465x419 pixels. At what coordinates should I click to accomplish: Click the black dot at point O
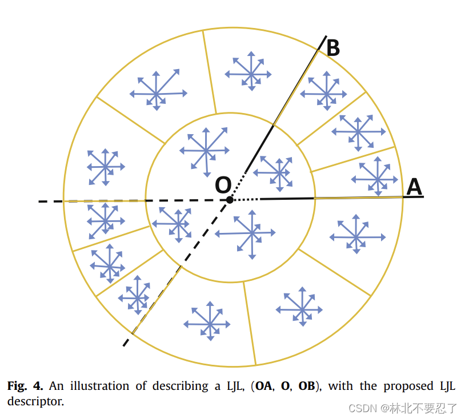[x=230, y=199]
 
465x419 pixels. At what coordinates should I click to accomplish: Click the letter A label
[x=414, y=186]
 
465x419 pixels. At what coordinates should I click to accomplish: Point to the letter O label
[x=223, y=184]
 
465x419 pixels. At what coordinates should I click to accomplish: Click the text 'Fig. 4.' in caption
[x=25, y=386]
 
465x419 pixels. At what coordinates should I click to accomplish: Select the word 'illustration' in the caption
[x=100, y=386]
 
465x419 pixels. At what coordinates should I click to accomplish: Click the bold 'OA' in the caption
[x=263, y=386]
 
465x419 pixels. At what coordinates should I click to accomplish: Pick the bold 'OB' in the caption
[x=306, y=386]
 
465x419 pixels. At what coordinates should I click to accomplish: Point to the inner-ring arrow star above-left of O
[x=205, y=151]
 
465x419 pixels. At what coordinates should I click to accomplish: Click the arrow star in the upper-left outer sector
[x=157, y=92]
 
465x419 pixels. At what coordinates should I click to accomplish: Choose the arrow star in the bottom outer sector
[x=209, y=323]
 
